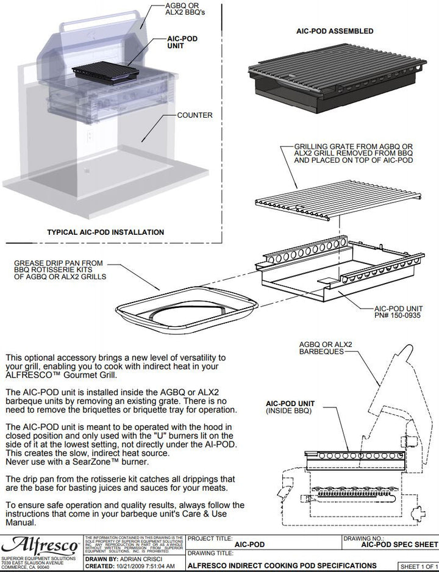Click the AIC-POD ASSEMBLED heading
coord(335,30)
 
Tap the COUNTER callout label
coord(195,115)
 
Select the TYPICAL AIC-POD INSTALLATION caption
coord(105,232)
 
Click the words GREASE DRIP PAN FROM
coord(59,263)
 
